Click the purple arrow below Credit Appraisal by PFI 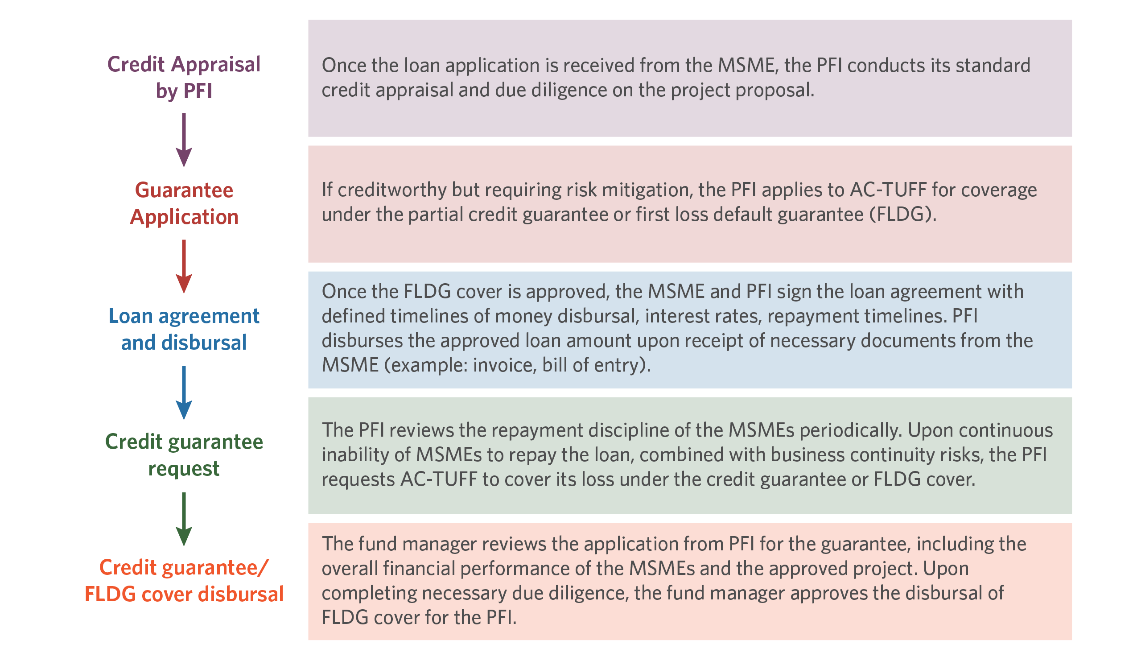pos(184,140)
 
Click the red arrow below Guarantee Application pos(184,266)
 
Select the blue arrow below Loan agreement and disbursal pos(184,393)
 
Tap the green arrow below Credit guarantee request pos(184,519)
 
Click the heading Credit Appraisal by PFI pos(184,78)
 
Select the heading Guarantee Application pos(184,203)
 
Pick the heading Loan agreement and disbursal pos(184,329)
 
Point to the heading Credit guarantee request pos(184,455)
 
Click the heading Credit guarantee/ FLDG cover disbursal pos(184,581)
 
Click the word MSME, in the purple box pos(748,66)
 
